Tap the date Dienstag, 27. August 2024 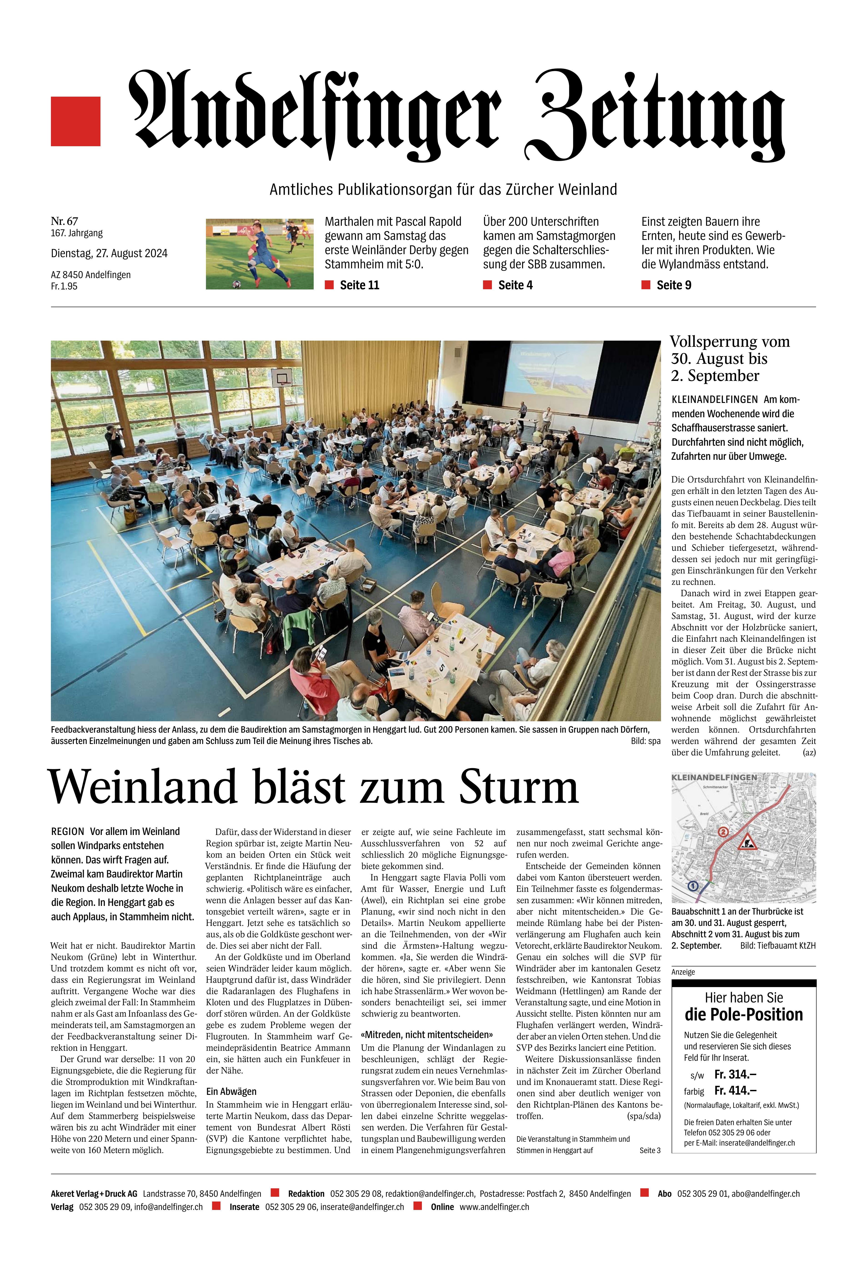click(109, 253)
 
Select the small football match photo click(260, 254)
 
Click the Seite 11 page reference click(359, 285)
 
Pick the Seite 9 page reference click(673, 285)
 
